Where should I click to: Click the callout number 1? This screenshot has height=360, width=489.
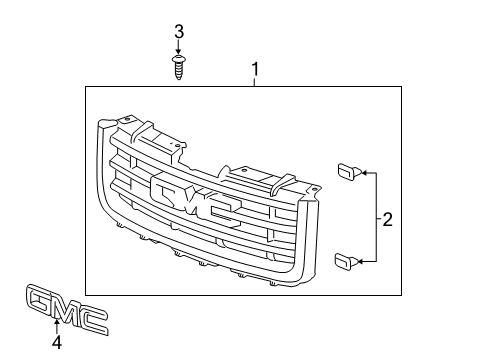coord(255,71)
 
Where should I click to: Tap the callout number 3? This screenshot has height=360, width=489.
coord(179,32)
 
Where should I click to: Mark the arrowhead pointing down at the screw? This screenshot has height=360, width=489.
coord(179,55)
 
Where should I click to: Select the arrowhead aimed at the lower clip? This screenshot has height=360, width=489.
coord(359,262)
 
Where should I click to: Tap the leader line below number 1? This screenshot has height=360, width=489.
coord(255,82)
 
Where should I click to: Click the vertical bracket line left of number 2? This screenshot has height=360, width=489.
coord(375,218)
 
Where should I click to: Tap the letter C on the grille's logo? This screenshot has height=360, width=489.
coord(220,212)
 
